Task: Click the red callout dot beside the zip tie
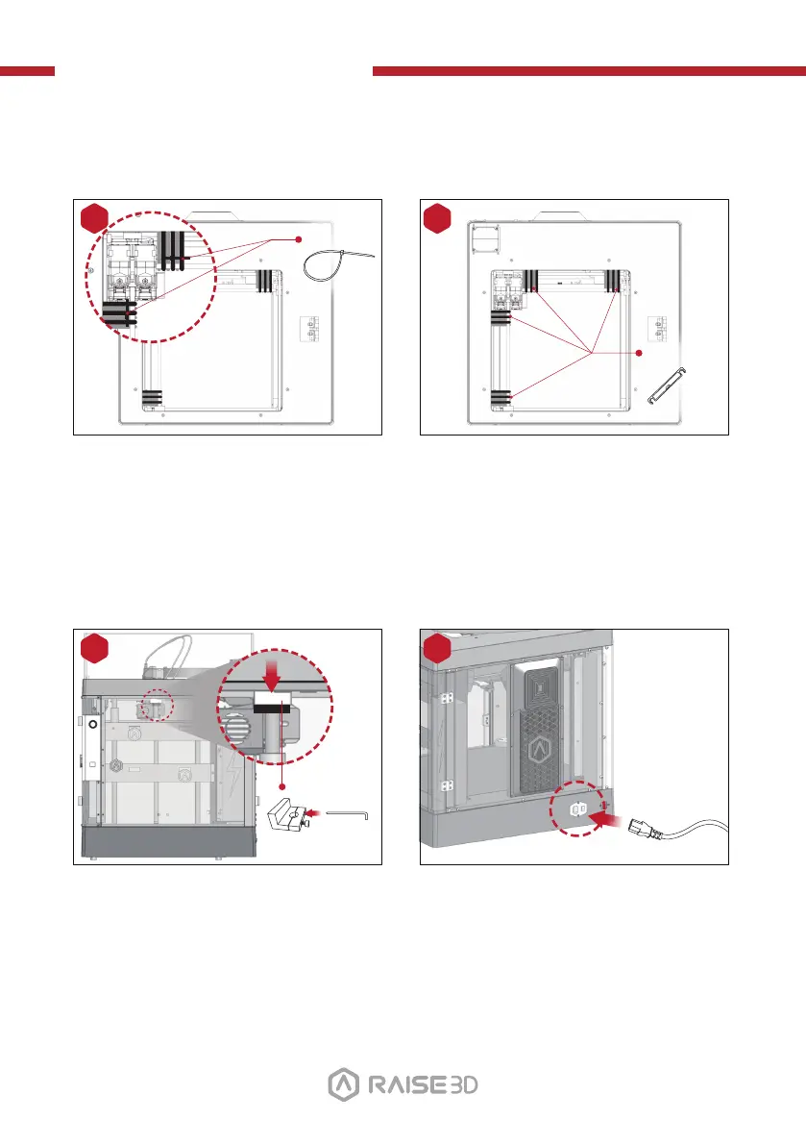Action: pyautogui.click(x=299, y=238)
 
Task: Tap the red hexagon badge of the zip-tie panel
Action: pyautogui.click(x=94, y=218)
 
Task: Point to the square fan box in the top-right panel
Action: pyautogui.click(x=488, y=236)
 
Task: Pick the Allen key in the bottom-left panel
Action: pyautogui.click(x=350, y=812)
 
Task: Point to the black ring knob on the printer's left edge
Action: pyautogui.click(x=94, y=722)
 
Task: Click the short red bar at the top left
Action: pyautogui.click(x=27, y=71)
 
